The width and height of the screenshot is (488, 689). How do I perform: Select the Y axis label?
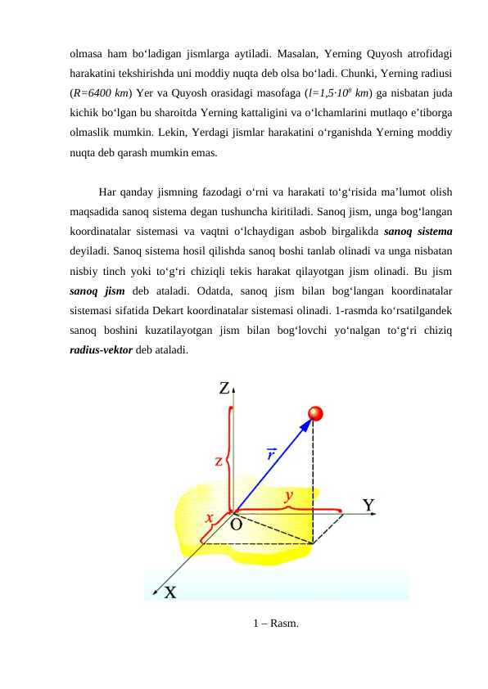(369, 505)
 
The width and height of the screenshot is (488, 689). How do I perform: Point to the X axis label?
(169, 592)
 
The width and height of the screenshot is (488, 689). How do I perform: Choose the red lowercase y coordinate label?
(288, 495)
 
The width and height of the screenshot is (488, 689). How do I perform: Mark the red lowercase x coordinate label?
(210, 517)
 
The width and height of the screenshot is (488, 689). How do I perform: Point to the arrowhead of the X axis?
(155, 588)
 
